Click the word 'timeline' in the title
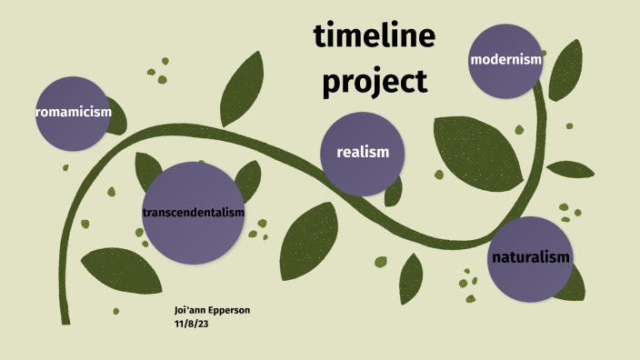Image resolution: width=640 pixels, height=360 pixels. (x=375, y=36)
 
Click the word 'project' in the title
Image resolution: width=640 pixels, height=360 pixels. (x=374, y=82)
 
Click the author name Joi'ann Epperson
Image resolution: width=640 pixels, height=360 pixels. (x=212, y=310)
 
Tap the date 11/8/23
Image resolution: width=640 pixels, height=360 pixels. (x=192, y=322)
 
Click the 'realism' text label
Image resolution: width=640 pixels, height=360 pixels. (x=363, y=152)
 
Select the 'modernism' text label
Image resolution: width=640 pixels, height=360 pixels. (x=505, y=60)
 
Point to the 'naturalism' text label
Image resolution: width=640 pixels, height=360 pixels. (x=531, y=257)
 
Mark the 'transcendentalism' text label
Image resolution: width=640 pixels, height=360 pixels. (x=194, y=212)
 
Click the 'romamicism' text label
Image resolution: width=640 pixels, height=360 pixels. (x=73, y=112)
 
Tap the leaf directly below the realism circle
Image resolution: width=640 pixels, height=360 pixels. (x=310, y=241)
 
